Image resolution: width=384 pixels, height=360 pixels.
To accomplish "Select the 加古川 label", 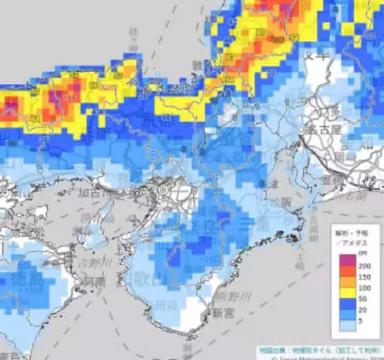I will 95,192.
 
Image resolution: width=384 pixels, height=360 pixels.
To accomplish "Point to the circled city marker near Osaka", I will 163,190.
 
